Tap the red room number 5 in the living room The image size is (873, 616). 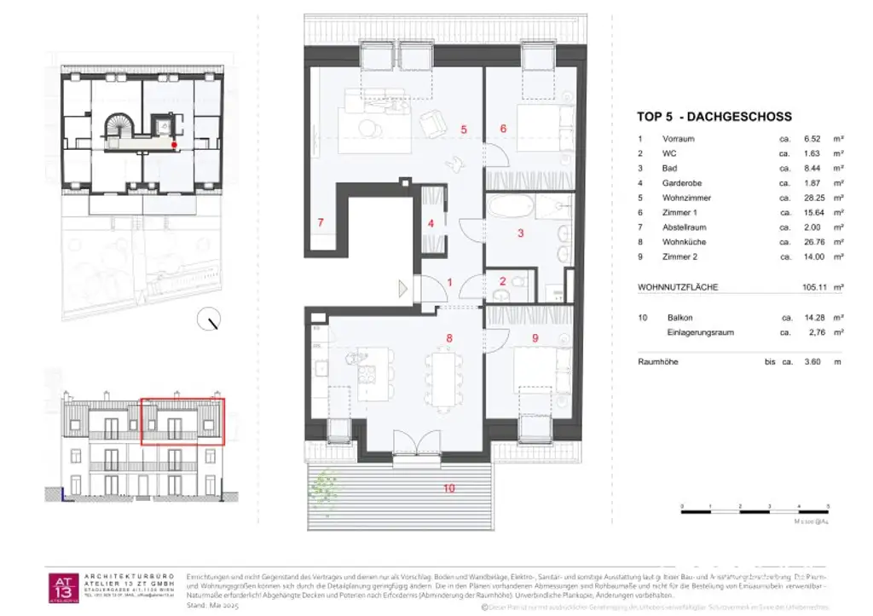pyautogui.click(x=463, y=130)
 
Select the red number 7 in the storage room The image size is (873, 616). pyautogui.click(x=321, y=223)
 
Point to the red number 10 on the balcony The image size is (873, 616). pyautogui.click(x=448, y=488)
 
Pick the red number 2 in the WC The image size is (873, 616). pyautogui.click(x=503, y=280)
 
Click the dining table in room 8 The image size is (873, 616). pyautogui.click(x=443, y=378)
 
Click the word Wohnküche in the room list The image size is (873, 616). pyautogui.click(x=684, y=242)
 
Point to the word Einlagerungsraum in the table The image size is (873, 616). pyautogui.click(x=700, y=332)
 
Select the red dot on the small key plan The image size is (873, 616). pyautogui.click(x=175, y=146)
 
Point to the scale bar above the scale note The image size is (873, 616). pyautogui.click(x=739, y=509)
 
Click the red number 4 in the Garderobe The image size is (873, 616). pyautogui.click(x=431, y=223)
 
